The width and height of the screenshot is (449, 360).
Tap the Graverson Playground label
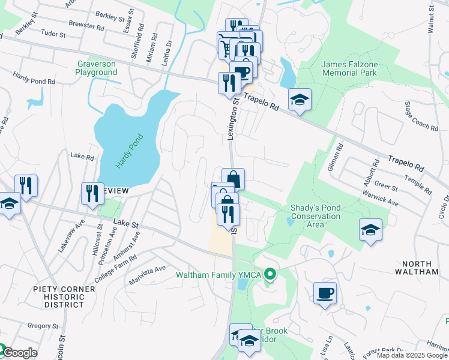[96, 68]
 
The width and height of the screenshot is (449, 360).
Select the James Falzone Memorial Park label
[349, 68]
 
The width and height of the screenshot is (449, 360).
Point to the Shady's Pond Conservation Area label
[315, 216]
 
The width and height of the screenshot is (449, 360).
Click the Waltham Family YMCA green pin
[270, 275]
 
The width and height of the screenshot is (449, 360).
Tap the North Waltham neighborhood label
[420, 267]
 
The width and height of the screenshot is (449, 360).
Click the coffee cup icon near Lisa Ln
[325, 294]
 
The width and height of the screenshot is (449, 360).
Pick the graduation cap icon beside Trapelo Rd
[300, 100]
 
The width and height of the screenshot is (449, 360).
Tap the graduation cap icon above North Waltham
[370, 230]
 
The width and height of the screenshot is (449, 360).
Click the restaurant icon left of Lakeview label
[92, 194]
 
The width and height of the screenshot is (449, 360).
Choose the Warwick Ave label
[381, 199]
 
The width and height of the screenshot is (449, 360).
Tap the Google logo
[19, 353]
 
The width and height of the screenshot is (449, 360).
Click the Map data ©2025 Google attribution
[411, 355]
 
